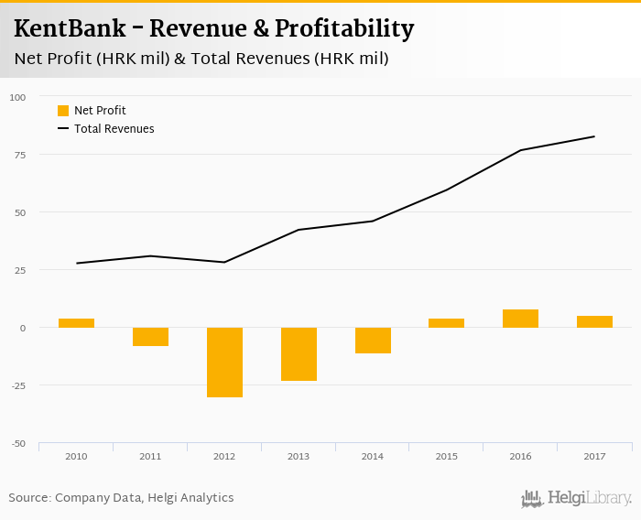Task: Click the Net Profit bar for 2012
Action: click(224, 362)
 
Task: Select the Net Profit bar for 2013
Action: click(299, 353)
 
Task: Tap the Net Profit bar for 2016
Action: click(520, 319)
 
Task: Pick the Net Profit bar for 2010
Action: click(76, 323)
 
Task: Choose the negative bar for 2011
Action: click(150, 336)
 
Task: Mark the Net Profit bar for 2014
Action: click(373, 340)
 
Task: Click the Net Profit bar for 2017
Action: click(594, 321)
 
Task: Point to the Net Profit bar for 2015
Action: click(446, 323)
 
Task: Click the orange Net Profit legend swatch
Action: click(63, 111)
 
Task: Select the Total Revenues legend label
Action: click(114, 129)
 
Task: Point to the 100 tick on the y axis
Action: click(18, 97)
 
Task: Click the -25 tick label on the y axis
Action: click(19, 385)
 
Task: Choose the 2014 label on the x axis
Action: click(373, 455)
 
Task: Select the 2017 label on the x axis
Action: click(594, 455)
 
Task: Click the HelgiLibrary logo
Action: click(576, 499)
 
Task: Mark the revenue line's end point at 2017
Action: click(594, 136)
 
